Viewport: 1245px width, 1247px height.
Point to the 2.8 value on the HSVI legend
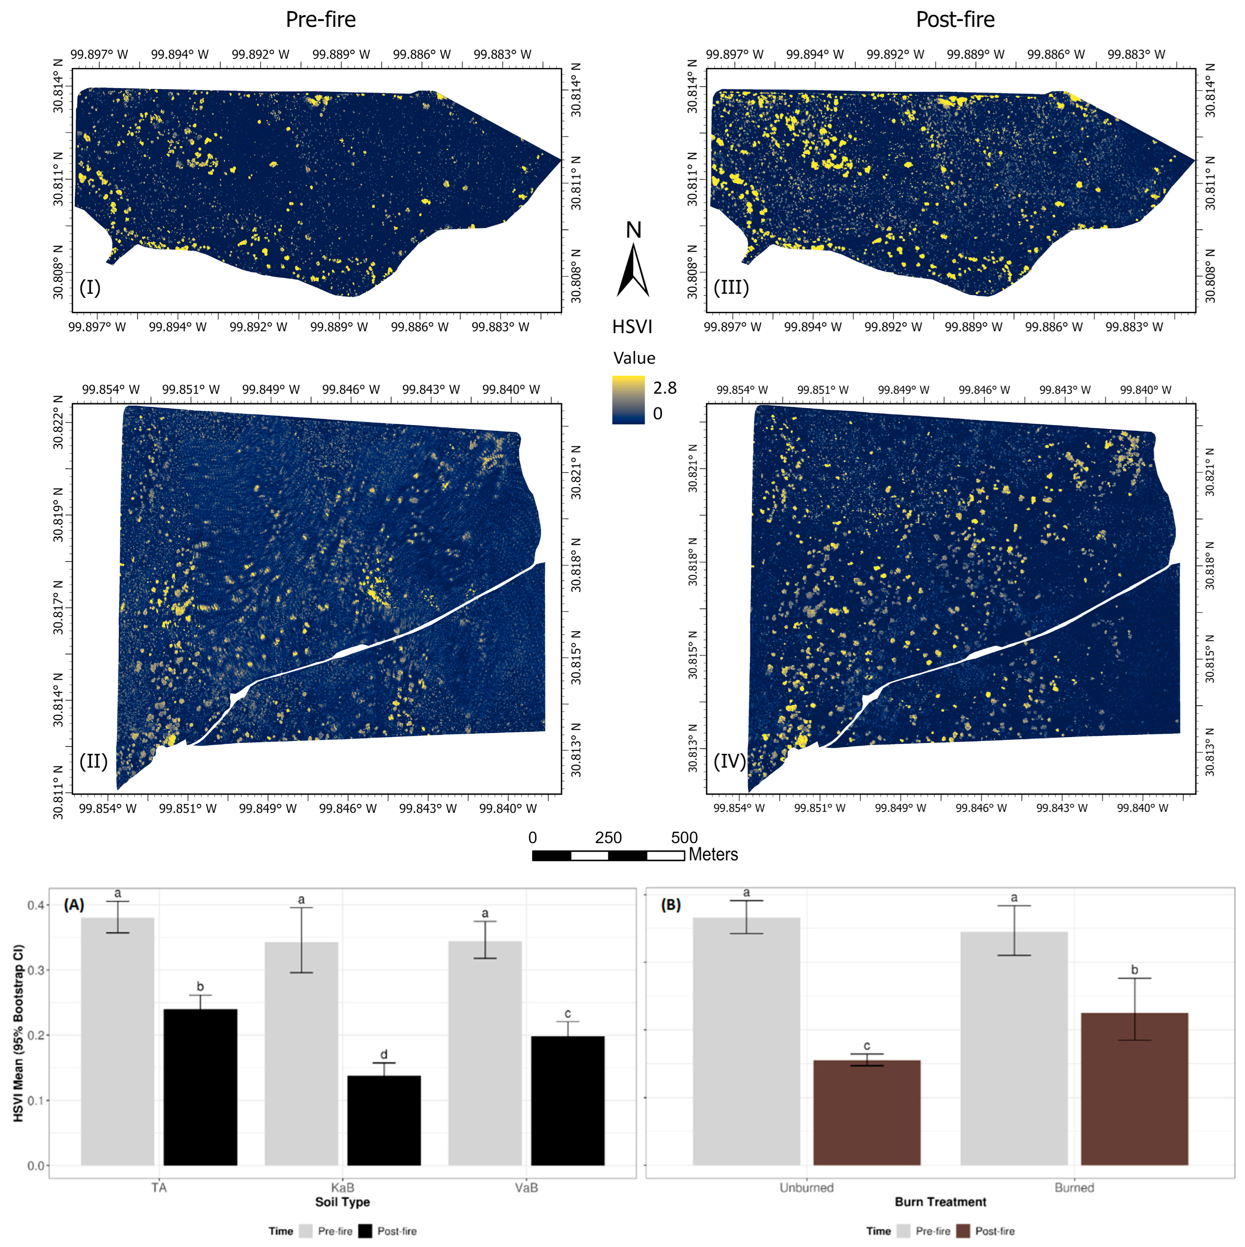click(x=664, y=388)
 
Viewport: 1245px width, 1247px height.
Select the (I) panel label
click(x=90, y=287)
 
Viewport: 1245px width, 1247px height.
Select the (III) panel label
click(x=731, y=287)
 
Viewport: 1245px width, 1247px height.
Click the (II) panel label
click(x=93, y=762)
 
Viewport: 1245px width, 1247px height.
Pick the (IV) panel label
click(x=730, y=762)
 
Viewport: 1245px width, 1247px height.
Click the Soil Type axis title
click(x=342, y=1202)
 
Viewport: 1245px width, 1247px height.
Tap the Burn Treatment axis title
click(x=940, y=1202)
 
